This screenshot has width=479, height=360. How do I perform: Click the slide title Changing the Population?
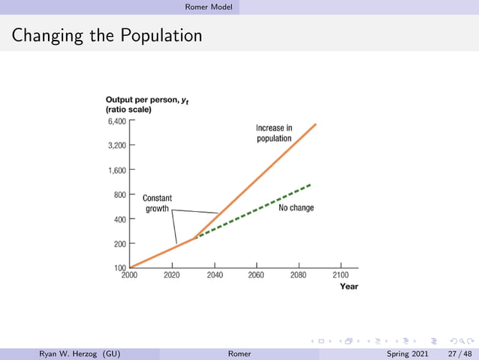[x=107, y=35]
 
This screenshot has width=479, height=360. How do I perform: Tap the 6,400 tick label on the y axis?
[x=116, y=120]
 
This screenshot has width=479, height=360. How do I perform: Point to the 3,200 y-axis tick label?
[x=116, y=145]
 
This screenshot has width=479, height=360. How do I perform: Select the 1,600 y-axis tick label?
[x=116, y=170]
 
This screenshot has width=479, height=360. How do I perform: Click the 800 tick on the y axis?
[x=119, y=194]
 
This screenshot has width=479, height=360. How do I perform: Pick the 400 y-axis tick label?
[x=119, y=219]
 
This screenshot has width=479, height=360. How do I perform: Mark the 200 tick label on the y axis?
[x=119, y=244]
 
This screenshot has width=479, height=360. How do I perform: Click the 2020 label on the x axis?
[x=173, y=275]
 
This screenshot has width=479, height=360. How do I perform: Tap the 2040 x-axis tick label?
[x=215, y=275]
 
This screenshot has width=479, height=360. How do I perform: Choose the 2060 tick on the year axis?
[x=256, y=275]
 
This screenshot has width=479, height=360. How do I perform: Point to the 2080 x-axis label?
[x=298, y=275]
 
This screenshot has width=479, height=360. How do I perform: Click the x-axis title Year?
[x=348, y=286]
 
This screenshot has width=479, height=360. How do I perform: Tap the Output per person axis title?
[x=146, y=100]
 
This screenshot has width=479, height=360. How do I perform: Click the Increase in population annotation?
[x=274, y=133]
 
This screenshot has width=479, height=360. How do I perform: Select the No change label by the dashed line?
[x=296, y=207]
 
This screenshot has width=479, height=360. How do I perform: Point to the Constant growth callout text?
[x=157, y=203]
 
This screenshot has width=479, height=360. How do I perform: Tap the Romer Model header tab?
[x=209, y=7]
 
